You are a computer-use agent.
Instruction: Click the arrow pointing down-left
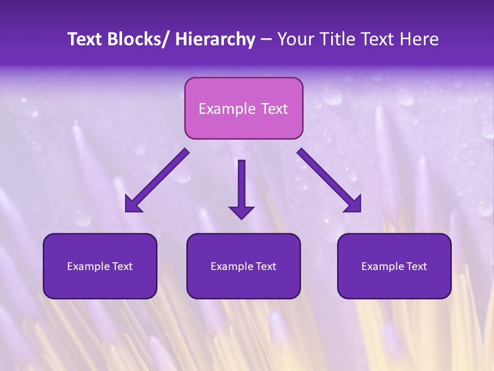[157, 180]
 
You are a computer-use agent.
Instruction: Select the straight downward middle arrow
[241, 185]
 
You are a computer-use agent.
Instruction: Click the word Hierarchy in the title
[215, 39]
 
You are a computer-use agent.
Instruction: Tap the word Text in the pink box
[274, 109]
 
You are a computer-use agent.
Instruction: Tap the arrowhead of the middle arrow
[241, 212]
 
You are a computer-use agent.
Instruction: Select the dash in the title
[266, 39]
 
